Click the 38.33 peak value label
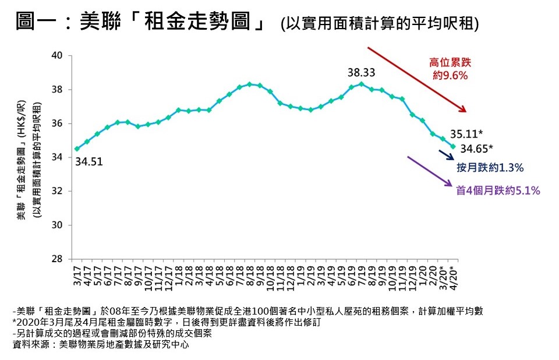pos(361,73)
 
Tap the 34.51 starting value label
pos(89,162)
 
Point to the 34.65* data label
pos(477,147)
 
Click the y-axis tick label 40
pos(58,56)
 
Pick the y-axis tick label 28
pos(58,259)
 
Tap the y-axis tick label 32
pos(58,192)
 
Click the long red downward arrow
pos(416,79)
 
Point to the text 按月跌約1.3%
pos(490,168)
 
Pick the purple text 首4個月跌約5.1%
pos(498,190)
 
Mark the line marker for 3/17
pos(77,149)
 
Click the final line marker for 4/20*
pos(452,146)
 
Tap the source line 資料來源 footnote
pos(101,345)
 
